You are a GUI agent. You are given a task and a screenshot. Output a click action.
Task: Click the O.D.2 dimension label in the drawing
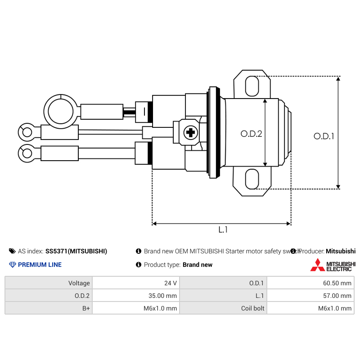coord(251,134)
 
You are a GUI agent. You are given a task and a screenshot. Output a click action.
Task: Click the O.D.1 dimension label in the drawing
coord(324,136)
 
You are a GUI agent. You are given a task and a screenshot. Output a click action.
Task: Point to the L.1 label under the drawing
coord(223,230)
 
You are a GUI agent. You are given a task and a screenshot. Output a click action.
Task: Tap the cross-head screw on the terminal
coord(191,132)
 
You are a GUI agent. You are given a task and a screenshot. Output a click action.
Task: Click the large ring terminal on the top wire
coord(60,109)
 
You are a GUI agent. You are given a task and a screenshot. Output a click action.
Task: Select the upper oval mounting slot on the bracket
coord(252,86)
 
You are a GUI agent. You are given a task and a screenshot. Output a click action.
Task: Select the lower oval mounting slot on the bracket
coord(252,180)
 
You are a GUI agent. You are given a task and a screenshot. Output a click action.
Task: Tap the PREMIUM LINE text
coord(40,265)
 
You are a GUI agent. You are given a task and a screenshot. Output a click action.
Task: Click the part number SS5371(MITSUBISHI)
coord(76,251)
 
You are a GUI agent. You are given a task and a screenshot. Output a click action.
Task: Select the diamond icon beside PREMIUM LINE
coord(12,265)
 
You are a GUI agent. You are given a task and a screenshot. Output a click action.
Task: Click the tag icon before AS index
coord(12,251)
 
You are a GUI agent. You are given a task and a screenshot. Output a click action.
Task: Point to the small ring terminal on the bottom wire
coord(27,153)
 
